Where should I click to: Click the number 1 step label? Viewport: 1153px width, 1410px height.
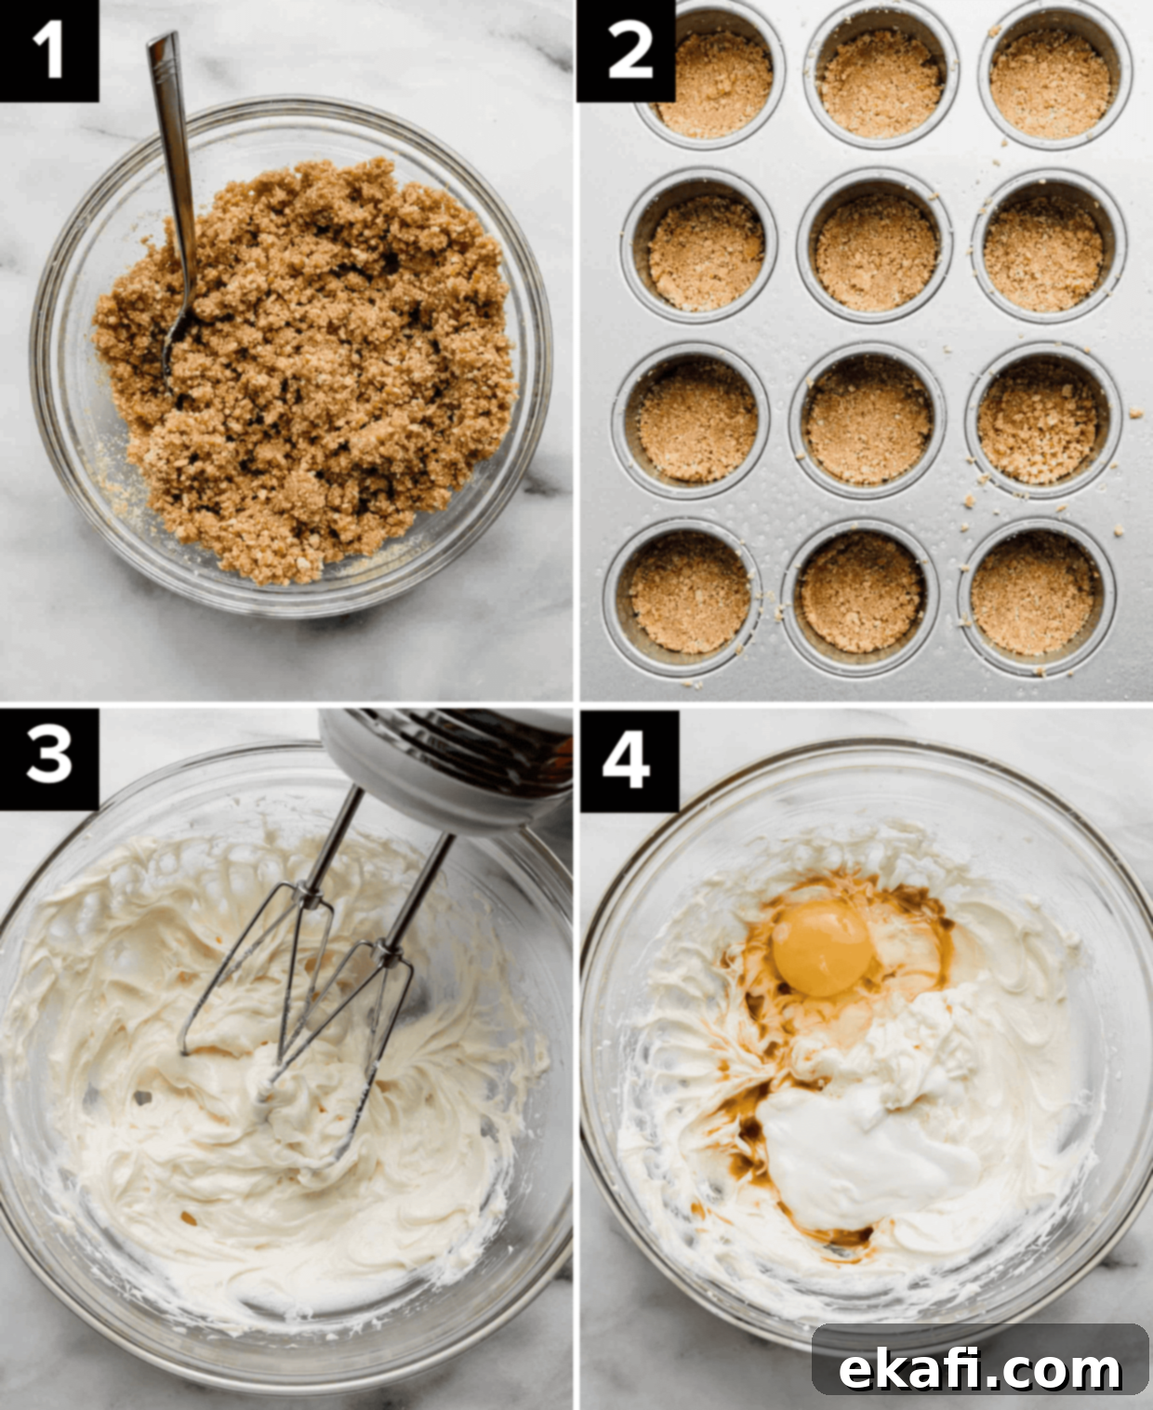[x=48, y=51]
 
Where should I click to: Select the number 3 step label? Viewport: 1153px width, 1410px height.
[x=48, y=758]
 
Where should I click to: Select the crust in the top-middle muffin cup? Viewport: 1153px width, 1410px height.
[x=881, y=85]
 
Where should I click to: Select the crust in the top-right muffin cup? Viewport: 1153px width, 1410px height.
[x=1051, y=83]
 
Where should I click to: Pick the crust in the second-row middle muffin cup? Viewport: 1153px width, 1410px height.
[x=876, y=253]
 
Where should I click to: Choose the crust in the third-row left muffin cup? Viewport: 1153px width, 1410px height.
[x=697, y=421]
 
